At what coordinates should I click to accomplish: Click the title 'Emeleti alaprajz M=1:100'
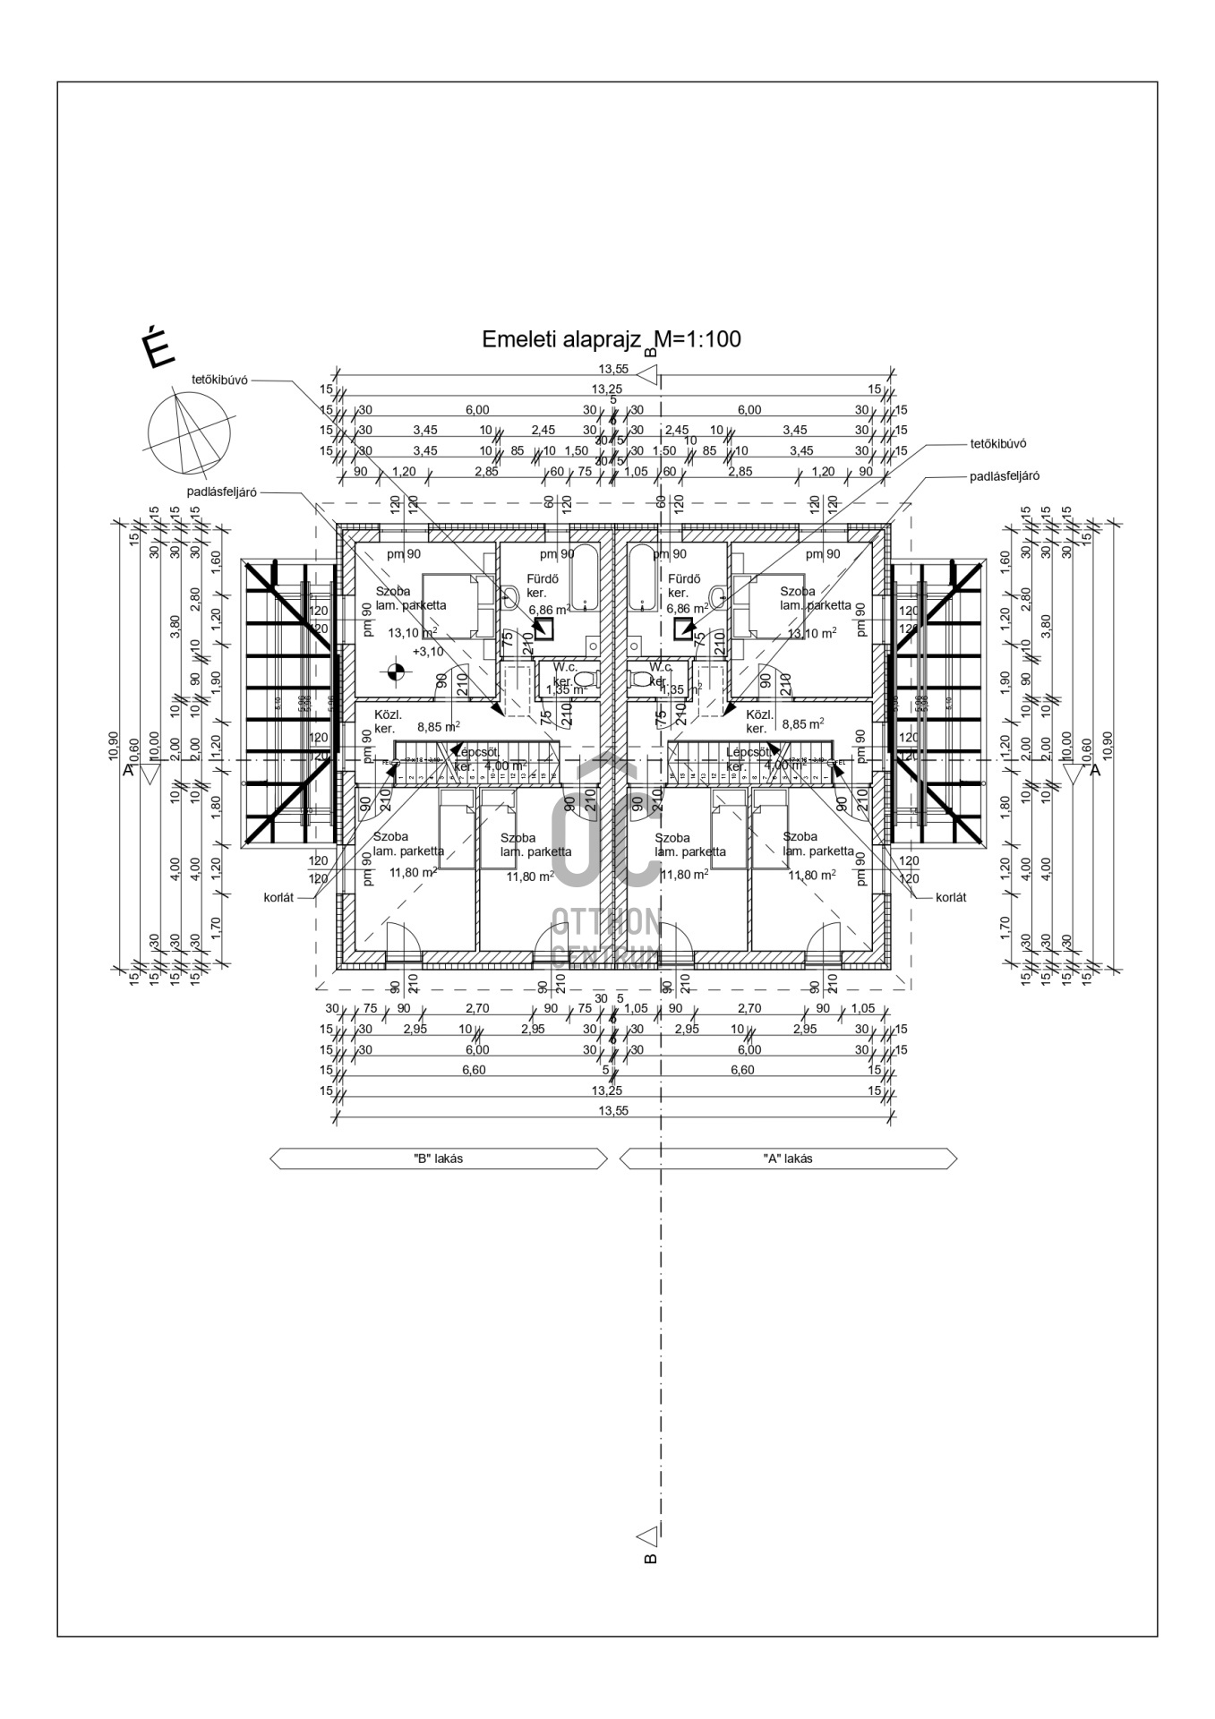point(611,340)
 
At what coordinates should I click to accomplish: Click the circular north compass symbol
point(189,434)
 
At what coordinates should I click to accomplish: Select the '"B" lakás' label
point(438,1158)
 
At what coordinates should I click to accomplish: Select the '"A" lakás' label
point(788,1158)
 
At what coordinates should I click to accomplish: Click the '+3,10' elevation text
point(427,652)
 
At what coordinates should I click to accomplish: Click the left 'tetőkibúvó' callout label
point(219,380)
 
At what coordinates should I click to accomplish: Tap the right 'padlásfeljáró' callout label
point(1005,476)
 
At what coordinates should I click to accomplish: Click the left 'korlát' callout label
point(278,897)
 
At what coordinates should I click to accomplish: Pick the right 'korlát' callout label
point(951,897)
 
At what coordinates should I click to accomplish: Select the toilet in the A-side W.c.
point(642,679)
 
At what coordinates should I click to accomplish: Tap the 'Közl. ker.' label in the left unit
point(388,722)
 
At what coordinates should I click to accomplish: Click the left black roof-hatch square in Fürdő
point(543,628)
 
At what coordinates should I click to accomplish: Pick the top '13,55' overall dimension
point(613,369)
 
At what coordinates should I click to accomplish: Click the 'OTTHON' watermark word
point(606,920)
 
